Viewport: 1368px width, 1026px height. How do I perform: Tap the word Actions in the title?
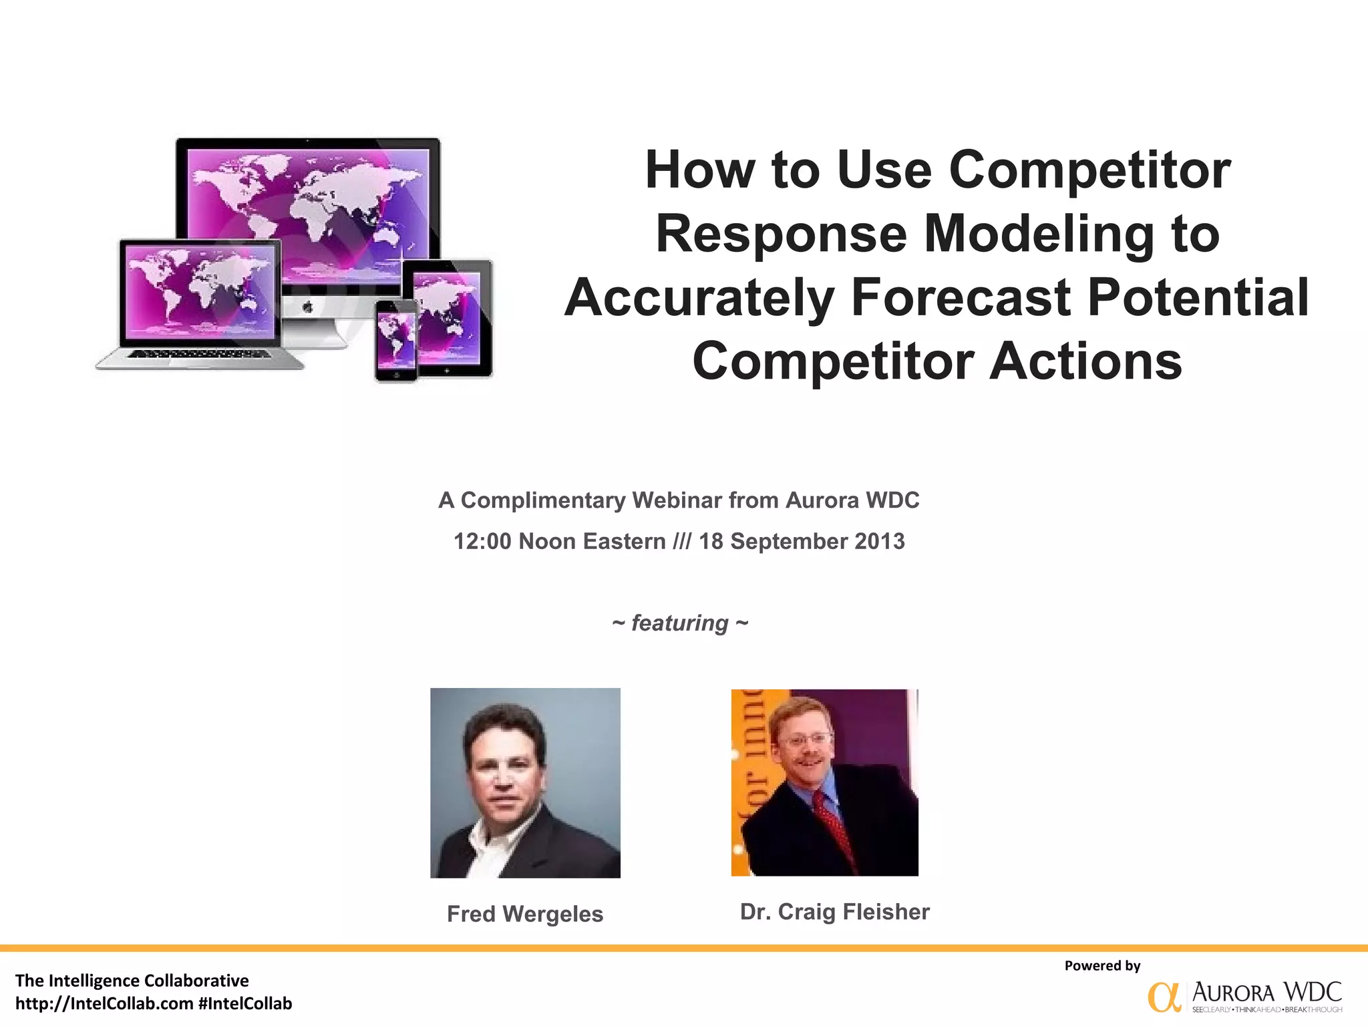pyautogui.click(x=1085, y=361)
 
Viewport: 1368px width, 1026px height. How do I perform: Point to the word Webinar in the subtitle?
pyautogui.click(x=677, y=500)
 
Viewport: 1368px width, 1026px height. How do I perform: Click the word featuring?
pyautogui.click(x=679, y=623)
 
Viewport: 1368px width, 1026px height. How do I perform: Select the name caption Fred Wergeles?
pyautogui.click(x=525, y=914)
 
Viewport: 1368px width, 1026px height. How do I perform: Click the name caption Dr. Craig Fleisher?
pyautogui.click(x=834, y=912)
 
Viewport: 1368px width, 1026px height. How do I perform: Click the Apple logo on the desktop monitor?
pyautogui.click(x=308, y=307)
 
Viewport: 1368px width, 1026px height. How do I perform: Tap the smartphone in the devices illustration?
pyautogui.click(x=396, y=341)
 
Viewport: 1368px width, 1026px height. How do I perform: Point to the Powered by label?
pyautogui.click(x=1102, y=965)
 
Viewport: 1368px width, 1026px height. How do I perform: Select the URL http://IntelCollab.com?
pyautogui.click(x=104, y=1003)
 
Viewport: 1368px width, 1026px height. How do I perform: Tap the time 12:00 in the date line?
pyautogui.click(x=482, y=541)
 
